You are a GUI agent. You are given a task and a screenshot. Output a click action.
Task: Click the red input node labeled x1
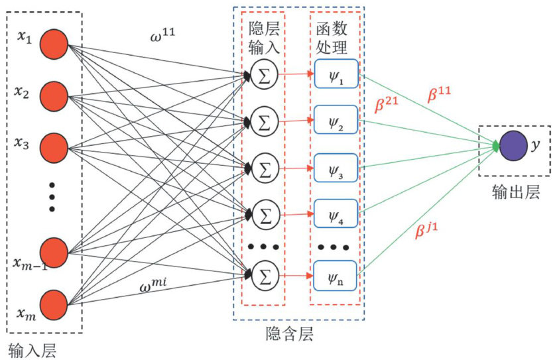pyautogui.click(x=54, y=46)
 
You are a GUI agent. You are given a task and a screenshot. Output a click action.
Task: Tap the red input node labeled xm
pyautogui.click(x=54, y=304)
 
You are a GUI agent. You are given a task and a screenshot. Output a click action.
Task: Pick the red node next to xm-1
pyautogui.click(x=54, y=253)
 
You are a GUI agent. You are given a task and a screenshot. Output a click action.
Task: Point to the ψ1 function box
pyautogui.click(x=336, y=74)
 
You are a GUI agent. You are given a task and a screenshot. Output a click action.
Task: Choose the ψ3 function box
pyautogui.click(x=336, y=168)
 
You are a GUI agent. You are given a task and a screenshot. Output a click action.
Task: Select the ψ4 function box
pyautogui.click(x=336, y=215)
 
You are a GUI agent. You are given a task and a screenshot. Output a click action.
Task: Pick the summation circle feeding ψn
pyautogui.click(x=263, y=273)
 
